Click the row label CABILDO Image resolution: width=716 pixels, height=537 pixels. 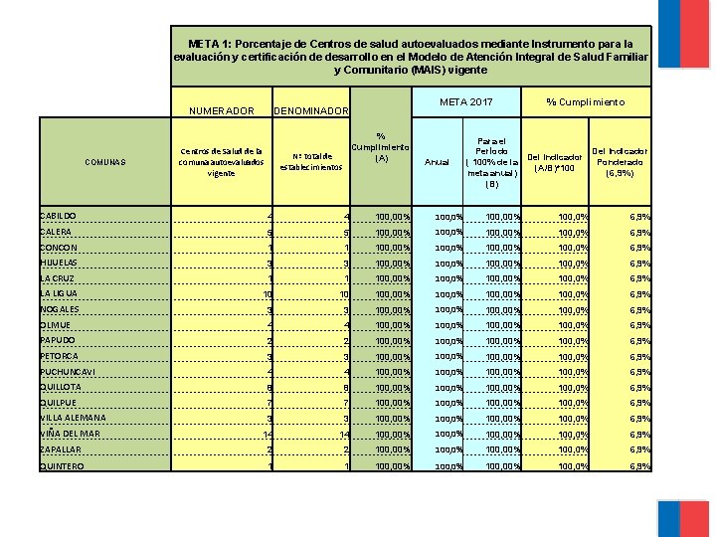coord(58,216)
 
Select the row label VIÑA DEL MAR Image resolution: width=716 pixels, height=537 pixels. coord(70,434)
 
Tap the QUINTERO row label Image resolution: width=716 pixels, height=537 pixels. coord(62,465)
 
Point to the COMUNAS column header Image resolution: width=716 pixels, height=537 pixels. coord(105,162)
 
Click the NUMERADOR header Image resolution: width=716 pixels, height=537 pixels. coord(221,110)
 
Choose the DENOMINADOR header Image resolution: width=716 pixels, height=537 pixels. coord(311,110)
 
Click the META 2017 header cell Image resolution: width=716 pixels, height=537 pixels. coord(465,102)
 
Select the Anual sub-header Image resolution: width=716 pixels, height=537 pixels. coord(437,162)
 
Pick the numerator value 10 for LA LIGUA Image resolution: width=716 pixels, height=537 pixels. coord(267,294)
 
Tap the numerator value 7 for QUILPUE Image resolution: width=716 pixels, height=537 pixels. coord(269,404)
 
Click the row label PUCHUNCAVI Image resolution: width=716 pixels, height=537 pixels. coord(67,372)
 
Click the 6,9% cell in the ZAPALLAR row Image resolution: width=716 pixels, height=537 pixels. coord(639,450)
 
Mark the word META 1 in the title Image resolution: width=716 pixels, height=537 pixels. coord(210,45)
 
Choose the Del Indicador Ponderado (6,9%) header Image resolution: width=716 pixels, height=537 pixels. coord(621,162)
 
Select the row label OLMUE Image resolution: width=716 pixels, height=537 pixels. coord(55,325)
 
